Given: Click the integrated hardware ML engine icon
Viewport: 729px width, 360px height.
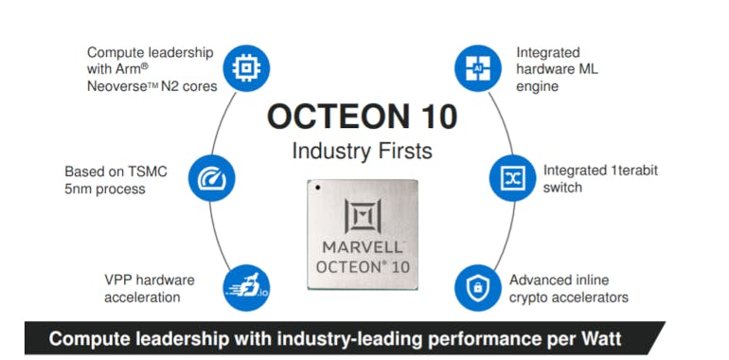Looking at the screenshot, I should point(477,68).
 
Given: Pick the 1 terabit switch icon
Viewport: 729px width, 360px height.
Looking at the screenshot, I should point(511,176).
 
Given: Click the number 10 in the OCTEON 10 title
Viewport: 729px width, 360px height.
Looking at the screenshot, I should point(431,117).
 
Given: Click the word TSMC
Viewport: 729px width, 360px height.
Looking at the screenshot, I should point(147,172).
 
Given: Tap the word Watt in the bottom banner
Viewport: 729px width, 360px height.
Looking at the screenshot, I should point(599,338).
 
